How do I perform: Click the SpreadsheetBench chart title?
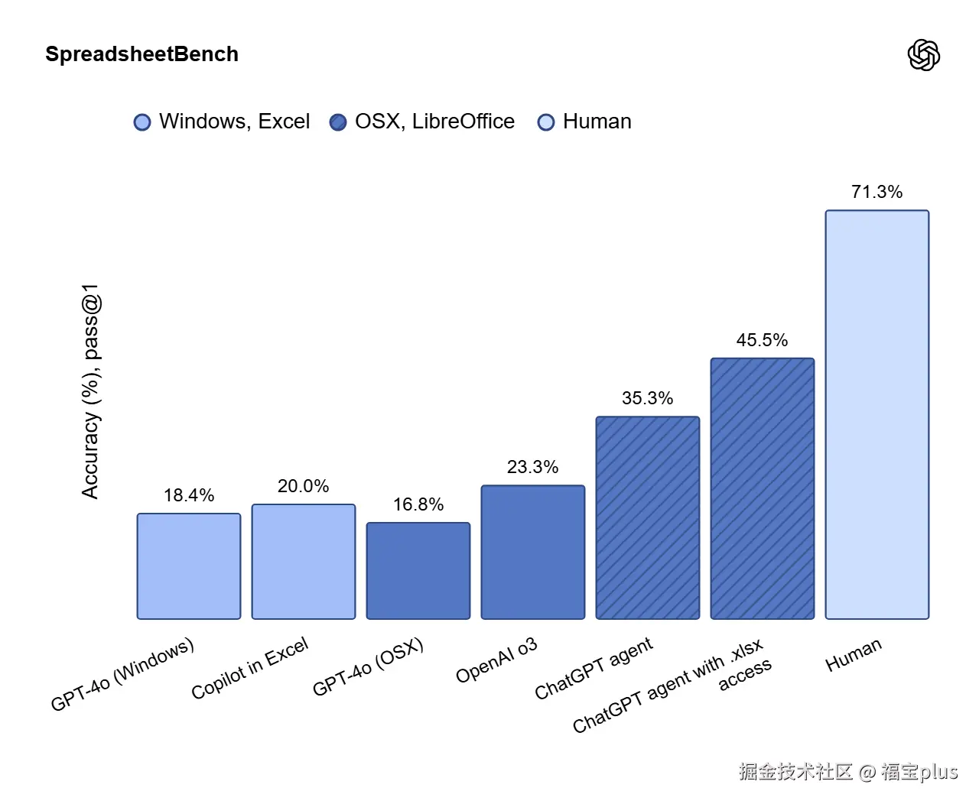click(x=141, y=54)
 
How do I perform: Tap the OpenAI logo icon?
click(x=923, y=55)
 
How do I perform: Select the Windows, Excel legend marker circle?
click(x=142, y=122)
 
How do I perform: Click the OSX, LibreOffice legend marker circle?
click(x=338, y=122)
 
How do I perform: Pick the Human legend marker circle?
click(x=546, y=122)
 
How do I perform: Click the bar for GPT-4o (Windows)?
click(x=189, y=566)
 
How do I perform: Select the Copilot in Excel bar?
click(x=304, y=562)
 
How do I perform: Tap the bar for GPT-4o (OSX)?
click(x=418, y=571)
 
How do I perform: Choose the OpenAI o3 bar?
click(x=533, y=553)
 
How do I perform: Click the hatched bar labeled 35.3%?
click(x=648, y=518)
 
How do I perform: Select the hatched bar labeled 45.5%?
click(x=763, y=488)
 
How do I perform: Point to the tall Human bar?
click(x=877, y=415)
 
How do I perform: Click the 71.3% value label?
click(x=877, y=192)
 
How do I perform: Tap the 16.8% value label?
click(x=418, y=504)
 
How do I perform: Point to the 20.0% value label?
click(x=304, y=486)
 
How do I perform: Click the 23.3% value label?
click(x=533, y=467)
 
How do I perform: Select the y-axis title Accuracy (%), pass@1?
click(x=91, y=391)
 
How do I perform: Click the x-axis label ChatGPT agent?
click(x=594, y=669)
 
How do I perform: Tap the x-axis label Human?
click(x=854, y=655)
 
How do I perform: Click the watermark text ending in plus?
click(x=848, y=771)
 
